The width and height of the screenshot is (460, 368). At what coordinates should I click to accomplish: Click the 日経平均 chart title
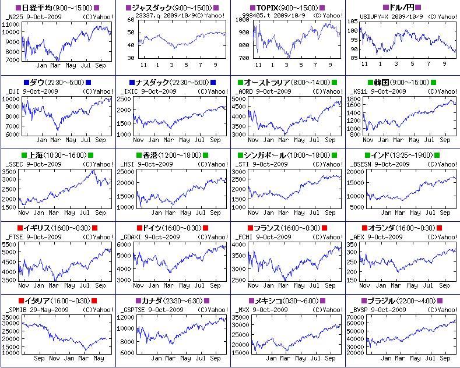click(x=36, y=8)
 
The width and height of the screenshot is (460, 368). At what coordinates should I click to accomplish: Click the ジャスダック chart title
click(x=152, y=8)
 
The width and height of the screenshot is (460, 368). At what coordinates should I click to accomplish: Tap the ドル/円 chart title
click(x=402, y=8)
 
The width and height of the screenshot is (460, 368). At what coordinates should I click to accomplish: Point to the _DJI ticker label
click(x=12, y=91)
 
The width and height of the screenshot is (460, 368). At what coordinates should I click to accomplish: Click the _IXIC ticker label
click(x=129, y=91)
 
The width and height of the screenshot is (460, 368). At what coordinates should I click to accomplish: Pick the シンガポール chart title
click(x=265, y=155)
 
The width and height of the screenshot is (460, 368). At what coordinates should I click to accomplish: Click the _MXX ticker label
click(x=244, y=310)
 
